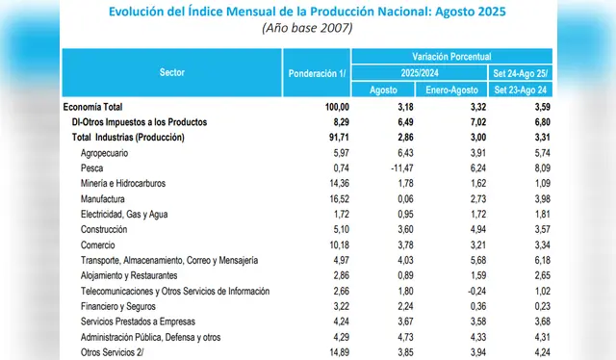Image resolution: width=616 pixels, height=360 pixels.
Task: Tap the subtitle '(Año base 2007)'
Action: click(308, 28)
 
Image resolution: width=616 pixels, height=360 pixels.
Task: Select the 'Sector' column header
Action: click(173, 72)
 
